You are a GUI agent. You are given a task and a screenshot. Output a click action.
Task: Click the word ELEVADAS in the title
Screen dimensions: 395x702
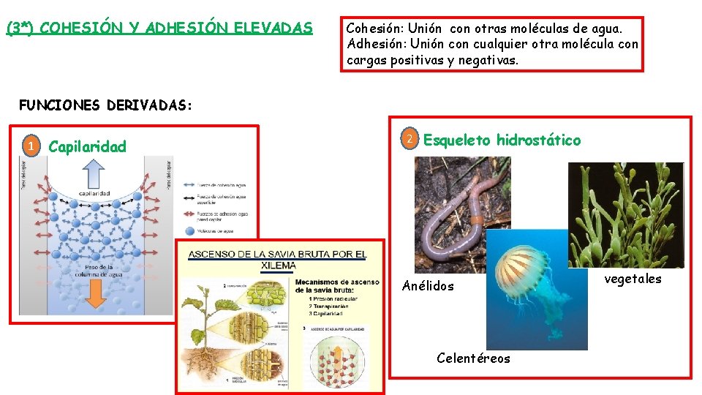click(x=273, y=29)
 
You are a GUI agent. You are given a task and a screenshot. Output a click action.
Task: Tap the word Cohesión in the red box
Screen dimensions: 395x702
click(x=373, y=29)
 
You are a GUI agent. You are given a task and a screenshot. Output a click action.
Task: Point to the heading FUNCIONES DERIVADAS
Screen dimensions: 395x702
click(x=105, y=105)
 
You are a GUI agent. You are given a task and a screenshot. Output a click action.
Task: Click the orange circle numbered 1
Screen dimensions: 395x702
click(x=31, y=147)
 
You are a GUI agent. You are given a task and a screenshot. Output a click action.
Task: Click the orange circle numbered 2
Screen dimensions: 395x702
click(x=411, y=139)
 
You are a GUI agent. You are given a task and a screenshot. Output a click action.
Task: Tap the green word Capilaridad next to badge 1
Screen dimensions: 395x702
click(x=87, y=147)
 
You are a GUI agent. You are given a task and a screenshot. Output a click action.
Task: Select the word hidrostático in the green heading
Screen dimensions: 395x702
click(x=538, y=140)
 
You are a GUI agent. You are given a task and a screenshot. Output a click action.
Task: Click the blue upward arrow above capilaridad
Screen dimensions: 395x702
click(x=95, y=176)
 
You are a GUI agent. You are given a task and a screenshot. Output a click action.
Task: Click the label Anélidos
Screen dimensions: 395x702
click(x=428, y=286)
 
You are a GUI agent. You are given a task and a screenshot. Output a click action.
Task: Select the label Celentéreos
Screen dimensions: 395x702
click(x=473, y=358)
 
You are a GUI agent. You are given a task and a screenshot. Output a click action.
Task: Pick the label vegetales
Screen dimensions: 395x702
click(x=633, y=279)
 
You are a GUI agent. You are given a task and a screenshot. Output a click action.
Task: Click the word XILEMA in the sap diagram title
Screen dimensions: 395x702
click(x=278, y=266)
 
